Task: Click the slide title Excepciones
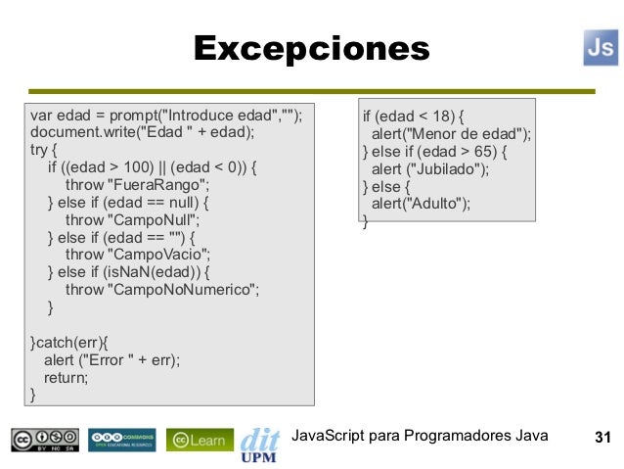[311, 48]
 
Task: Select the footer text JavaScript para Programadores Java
[421, 436]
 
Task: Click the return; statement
[65, 378]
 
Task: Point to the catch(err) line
[70, 343]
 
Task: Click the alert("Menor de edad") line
[451, 134]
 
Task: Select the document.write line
[142, 132]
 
